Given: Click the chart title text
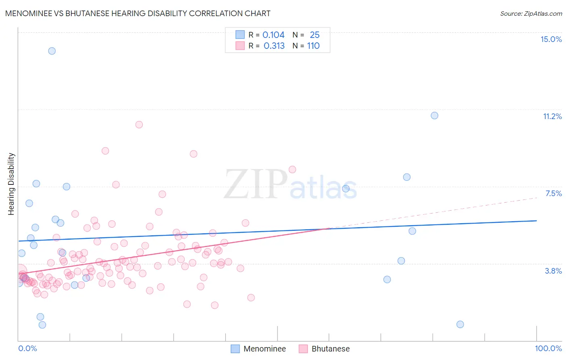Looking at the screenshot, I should pyautogui.click(x=138, y=13).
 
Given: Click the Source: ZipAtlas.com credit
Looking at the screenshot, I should pyautogui.click(x=531, y=13).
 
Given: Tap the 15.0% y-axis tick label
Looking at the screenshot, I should pyautogui.click(x=551, y=39).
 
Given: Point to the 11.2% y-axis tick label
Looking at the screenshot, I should pyautogui.click(x=552, y=116).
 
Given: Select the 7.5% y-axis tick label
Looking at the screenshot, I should pyautogui.click(x=553, y=193).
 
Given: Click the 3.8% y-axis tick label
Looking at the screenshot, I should pyautogui.click(x=553, y=271).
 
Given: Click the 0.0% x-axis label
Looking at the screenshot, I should pyautogui.click(x=27, y=348).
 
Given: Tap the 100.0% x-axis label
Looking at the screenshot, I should pyautogui.click(x=548, y=348).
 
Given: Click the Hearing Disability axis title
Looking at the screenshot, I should pyautogui.click(x=11, y=184).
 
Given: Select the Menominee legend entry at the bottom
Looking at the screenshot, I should pyautogui.click(x=264, y=349).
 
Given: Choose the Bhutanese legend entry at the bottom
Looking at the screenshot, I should pyautogui.click(x=330, y=349).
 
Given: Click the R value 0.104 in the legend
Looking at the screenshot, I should pyautogui.click(x=273, y=35).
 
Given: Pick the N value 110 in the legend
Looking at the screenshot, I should pyautogui.click(x=313, y=46).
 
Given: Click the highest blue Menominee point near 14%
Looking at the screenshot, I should pyautogui.click(x=52, y=51).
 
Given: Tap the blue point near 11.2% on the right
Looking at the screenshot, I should pyautogui.click(x=434, y=115).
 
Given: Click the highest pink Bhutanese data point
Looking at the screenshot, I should pyautogui.click(x=139, y=125).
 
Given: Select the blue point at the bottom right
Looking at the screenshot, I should pyautogui.click(x=460, y=324).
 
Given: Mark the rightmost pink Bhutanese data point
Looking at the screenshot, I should pyautogui.click(x=292, y=170).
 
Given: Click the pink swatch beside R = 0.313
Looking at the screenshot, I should pyautogui.click(x=240, y=46).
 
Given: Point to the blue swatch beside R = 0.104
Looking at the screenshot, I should pyautogui.click(x=240, y=35).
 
